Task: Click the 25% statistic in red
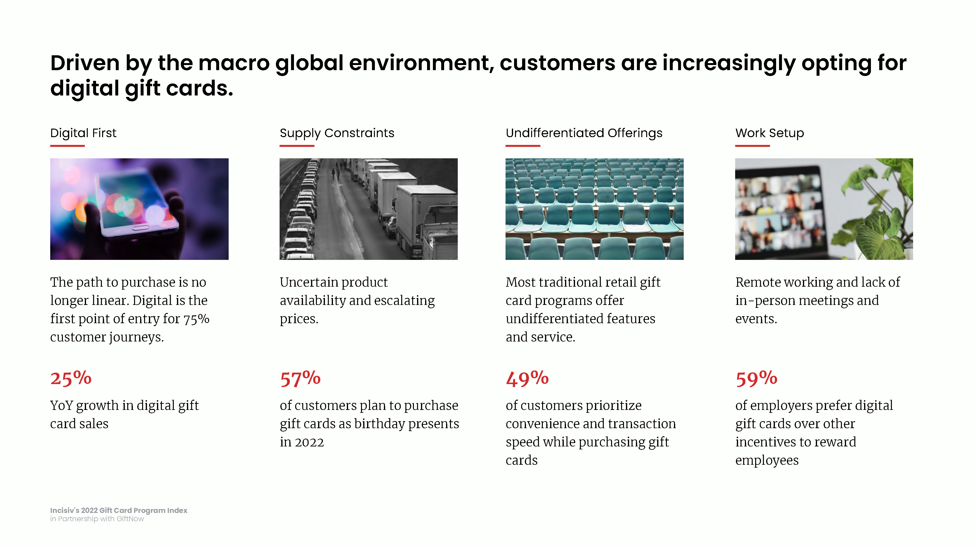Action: click(71, 378)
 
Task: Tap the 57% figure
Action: click(300, 378)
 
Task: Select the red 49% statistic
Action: click(527, 378)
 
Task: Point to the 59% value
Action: click(756, 378)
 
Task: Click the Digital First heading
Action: click(83, 133)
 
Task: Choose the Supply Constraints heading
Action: click(337, 133)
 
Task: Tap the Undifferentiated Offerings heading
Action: click(584, 133)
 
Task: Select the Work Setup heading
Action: click(770, 133)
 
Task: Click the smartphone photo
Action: click(139, 209)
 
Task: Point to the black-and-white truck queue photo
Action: click(369, 209)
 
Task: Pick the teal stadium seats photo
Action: click(595, 209)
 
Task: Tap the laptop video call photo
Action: click(824, 209)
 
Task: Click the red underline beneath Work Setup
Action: click(752, 146)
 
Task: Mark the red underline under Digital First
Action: click(67, 146)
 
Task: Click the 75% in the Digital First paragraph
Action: click(196, 319)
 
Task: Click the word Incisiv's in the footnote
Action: click(65, 510)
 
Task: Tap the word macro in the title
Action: click(234, 63)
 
